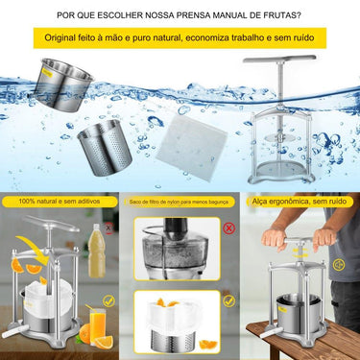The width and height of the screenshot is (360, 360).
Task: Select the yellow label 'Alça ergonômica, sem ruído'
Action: click(297, 203)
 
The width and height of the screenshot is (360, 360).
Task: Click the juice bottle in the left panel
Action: click(97, 252)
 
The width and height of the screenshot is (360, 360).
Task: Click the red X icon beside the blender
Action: click(228, 228)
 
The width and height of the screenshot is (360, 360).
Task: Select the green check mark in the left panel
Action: click(108, 300)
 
